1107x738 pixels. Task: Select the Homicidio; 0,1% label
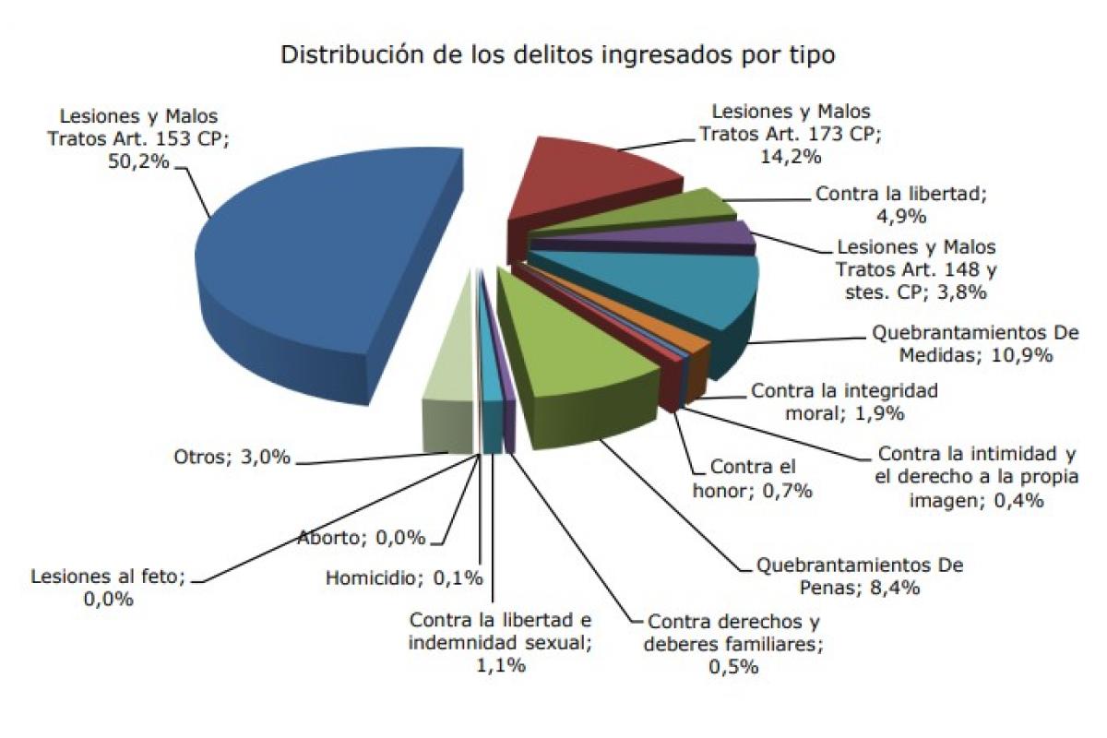[404, 578]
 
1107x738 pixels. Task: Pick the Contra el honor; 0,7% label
[752, 480]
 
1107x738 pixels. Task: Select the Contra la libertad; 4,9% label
[895, 205]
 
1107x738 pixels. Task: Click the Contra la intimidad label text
[977, 477]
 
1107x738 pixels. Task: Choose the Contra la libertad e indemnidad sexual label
[498, 642]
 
